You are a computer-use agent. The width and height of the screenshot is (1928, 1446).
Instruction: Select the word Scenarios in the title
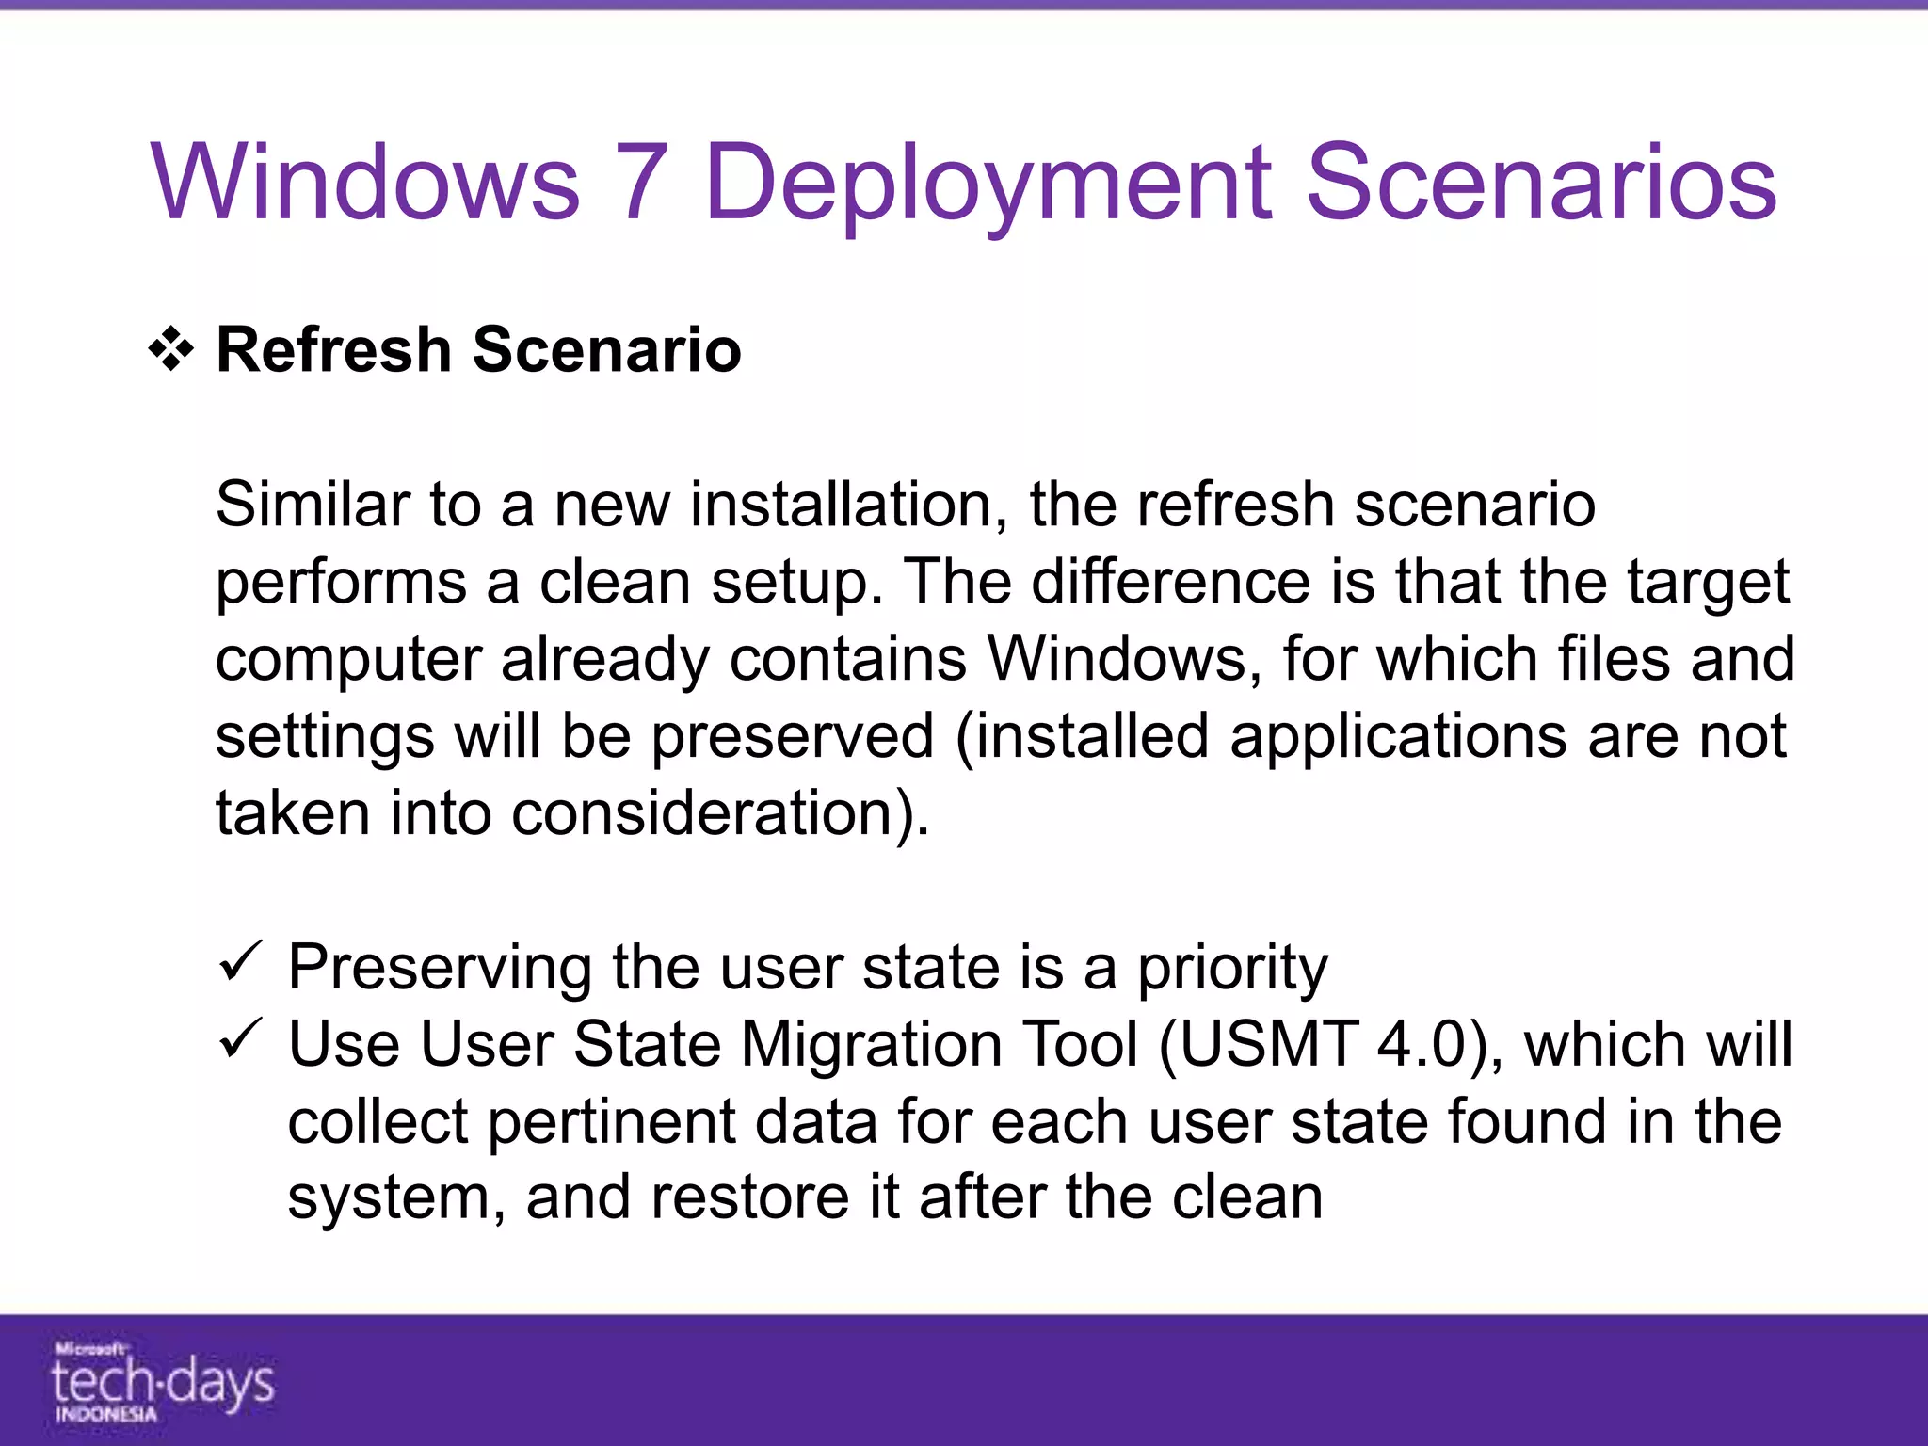(1541, 182)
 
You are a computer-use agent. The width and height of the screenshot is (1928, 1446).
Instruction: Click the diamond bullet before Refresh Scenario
(171, 350)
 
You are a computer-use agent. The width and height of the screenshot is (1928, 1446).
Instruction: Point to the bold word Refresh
(333, 349)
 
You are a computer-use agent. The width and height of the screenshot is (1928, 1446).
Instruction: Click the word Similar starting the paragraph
(312, 504)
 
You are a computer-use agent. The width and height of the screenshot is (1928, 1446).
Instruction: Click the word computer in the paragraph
(348, 659)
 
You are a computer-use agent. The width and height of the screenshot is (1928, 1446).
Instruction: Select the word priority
(1232, 968)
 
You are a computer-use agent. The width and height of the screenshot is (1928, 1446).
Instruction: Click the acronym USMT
(1267, 1044)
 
